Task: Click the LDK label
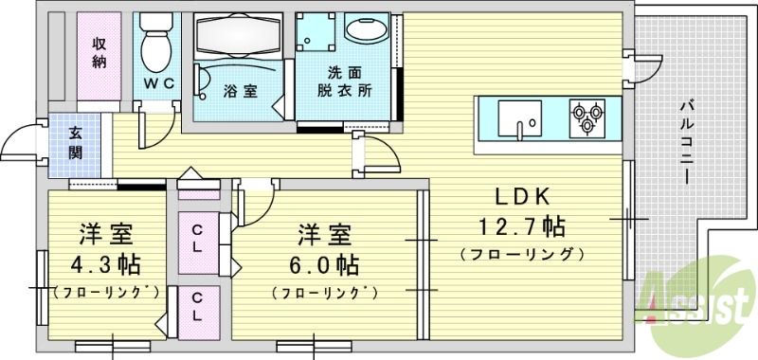point(518,199)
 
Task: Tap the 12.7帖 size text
point(516,227)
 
